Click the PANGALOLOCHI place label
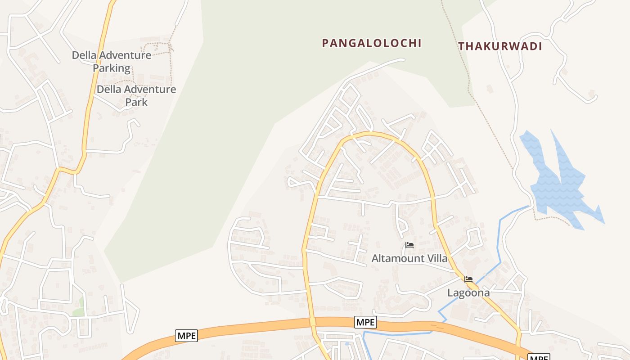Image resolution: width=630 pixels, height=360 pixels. pos(372,43)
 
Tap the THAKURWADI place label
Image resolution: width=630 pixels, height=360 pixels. pos(500,46)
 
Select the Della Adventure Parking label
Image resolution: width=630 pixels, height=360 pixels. pos(112,62)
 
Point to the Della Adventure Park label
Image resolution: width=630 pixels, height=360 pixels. pos(136,95)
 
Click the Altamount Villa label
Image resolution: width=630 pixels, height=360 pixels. pos(409,258)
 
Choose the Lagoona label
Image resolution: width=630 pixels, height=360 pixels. pos(468,293)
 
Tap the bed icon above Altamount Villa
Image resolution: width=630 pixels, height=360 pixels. pos(409,245)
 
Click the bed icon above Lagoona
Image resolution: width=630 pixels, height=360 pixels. pos(468,279)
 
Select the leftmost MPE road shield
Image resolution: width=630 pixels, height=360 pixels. pos(186,336)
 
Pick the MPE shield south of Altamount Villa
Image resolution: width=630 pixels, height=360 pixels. pos(365,322)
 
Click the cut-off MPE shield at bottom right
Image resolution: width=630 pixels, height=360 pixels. pos(538,357)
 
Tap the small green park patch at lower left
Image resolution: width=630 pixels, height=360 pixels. pos(79,307)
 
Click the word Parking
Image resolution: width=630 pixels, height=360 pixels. pos(112,68)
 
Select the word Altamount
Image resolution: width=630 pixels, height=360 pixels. pos(398,258)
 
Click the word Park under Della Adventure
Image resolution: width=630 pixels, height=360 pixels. pos(136,102)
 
